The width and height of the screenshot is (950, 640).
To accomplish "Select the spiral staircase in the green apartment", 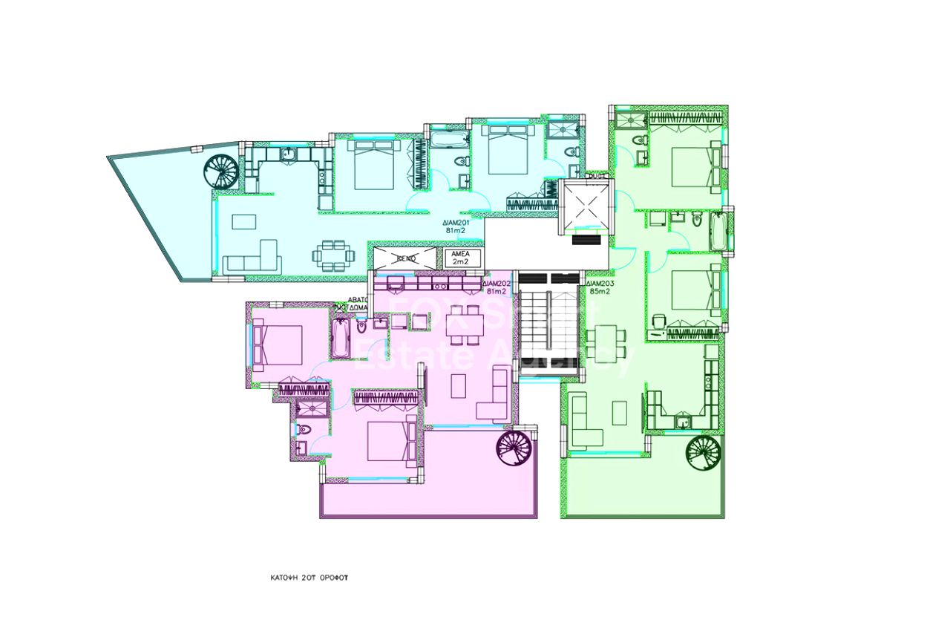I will click(x=704, y=454).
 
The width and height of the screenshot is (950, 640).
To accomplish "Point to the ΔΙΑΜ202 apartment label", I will click(x=496, y=287).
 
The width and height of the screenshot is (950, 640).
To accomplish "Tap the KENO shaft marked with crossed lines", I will click(x=405, y=258).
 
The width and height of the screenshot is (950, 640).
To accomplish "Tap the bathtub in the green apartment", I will click(x=719, y=232).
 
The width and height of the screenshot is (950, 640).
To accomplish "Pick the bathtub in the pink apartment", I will click(x=341, y=338).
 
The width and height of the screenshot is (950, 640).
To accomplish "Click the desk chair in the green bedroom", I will click(x=659, y=320).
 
